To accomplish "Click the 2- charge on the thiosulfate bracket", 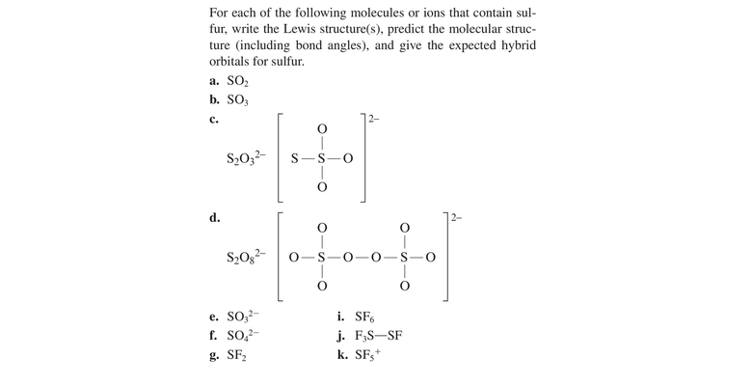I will click(372, 120).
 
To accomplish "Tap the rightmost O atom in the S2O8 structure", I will click(430, 257).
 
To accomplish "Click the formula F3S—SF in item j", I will click(379, 336).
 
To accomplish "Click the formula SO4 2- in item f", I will click(243, 336).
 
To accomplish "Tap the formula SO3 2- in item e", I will click(243, 317).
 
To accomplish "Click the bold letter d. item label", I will click(214, 217).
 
